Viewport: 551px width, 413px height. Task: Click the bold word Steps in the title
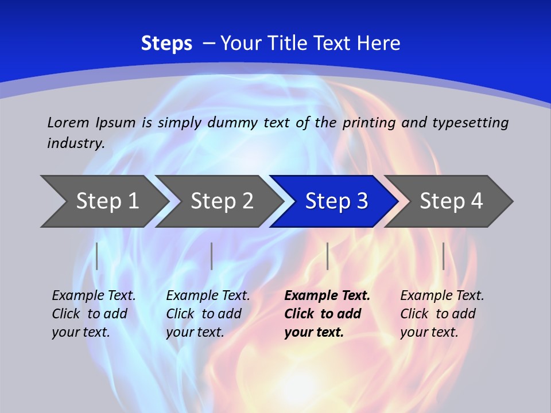tap(166, 44)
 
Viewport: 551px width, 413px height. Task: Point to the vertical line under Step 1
tap(97, 256)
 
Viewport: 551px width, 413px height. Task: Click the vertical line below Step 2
tap(212, 256)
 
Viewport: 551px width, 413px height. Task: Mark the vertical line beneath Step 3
tap(327, 256)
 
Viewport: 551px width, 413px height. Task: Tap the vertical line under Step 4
tap(444, 256)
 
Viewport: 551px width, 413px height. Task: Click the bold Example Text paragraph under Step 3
tap(327, 314)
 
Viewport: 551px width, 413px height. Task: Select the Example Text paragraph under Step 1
tap(94, 314)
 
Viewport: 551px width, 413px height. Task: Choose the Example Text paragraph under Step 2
tap(208, 314)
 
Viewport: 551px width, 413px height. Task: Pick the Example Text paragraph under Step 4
tap(442, 314)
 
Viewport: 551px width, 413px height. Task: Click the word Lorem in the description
tap(68, 122)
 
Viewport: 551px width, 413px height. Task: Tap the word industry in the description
tap(75, 143)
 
